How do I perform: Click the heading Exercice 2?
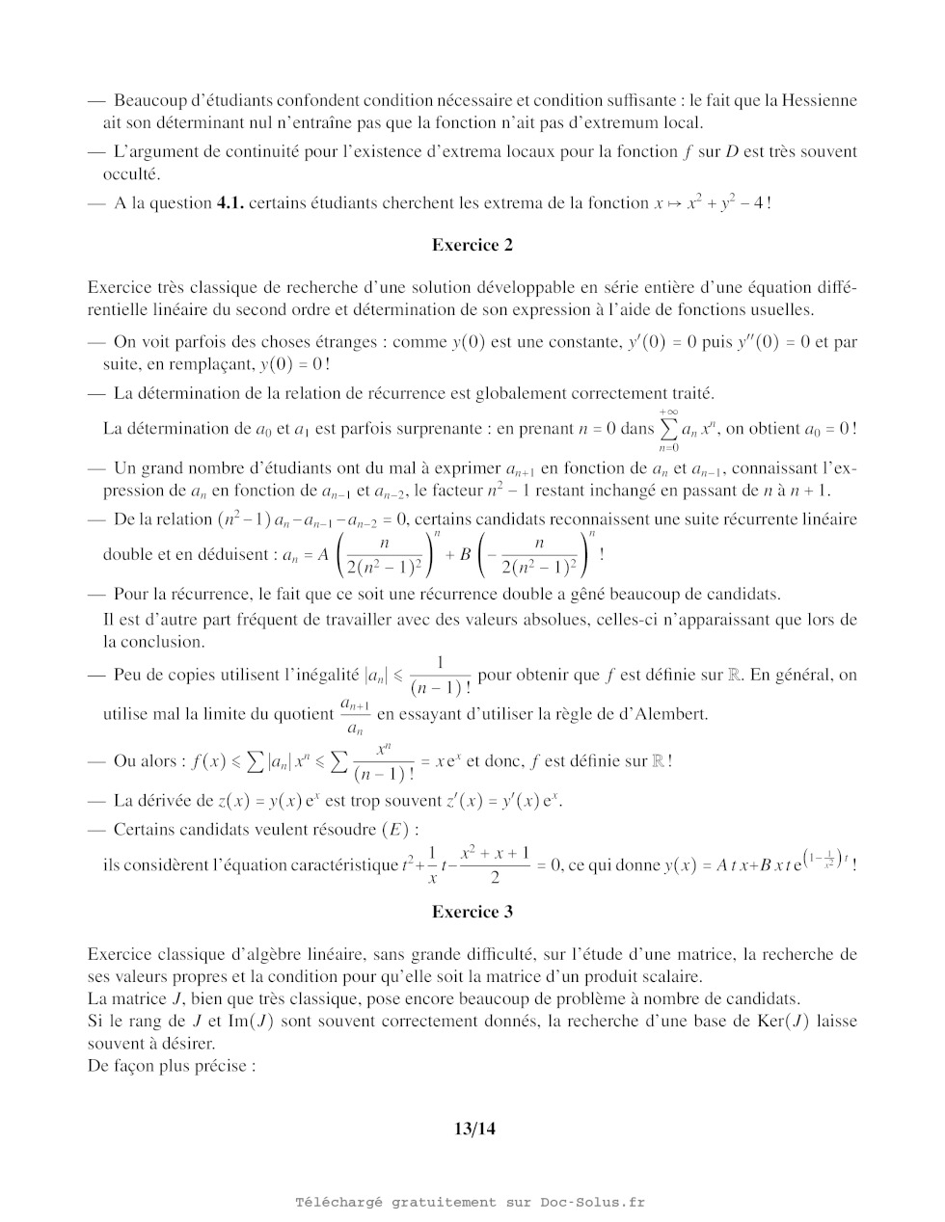pos(472,245)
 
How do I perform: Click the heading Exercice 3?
pos(472,912)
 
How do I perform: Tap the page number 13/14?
pos(473,1129)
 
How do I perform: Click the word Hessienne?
pos(819,100)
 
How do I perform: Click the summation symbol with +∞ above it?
pos(668,429)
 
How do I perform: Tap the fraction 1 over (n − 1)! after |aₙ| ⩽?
pos(441,676)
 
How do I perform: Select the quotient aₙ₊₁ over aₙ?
pos(354,715)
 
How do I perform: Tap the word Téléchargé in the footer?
pos(338,1202)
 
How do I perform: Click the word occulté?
pos(132,174)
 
